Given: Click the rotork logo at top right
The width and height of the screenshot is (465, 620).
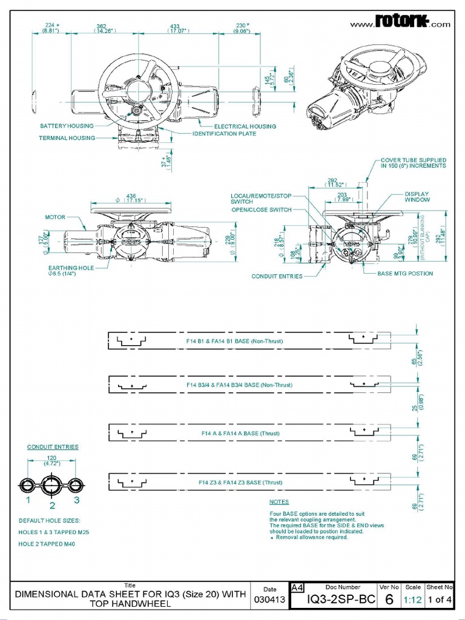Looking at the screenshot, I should coord(401,22).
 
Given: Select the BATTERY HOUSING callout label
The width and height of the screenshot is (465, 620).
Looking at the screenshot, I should coord(67,126).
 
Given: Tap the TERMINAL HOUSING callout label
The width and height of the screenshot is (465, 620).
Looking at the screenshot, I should coord(67,138).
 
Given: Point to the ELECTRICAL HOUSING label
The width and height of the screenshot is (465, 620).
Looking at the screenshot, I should coord(245,127).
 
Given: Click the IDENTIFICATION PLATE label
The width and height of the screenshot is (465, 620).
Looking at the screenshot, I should coord(224,134).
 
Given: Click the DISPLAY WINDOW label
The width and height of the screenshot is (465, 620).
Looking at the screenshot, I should coord(417,197).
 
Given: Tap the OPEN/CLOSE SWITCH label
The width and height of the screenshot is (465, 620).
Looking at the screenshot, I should coord(261,209).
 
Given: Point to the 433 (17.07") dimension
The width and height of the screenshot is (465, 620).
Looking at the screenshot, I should coord(176,28).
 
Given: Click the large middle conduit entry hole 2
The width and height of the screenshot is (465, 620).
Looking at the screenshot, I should coord(52,486).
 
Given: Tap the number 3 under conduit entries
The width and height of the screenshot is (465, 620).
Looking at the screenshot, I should coord(76,500).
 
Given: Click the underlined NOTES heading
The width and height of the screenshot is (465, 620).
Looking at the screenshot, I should coord(279,502).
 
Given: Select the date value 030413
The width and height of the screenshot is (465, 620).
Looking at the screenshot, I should coord(270,600).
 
